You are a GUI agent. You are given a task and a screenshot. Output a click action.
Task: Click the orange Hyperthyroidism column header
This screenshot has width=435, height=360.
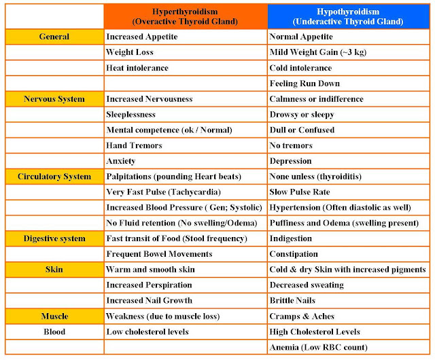click(185, 16)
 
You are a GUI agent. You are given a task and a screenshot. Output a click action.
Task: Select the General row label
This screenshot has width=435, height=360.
click(54, 37)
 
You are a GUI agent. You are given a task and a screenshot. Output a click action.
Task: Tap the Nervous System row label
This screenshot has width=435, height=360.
click(54, 99)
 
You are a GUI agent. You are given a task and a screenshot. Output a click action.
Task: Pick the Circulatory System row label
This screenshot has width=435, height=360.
click(54, 177)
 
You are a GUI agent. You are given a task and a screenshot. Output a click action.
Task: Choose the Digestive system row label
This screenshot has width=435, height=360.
click(54, 238)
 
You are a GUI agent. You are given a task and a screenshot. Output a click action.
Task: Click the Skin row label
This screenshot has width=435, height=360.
click(54, 270)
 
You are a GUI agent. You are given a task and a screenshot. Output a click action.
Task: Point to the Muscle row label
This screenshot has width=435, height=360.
click(54, 317)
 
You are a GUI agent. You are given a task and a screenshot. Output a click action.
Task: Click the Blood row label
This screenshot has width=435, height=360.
click(54, 331)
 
